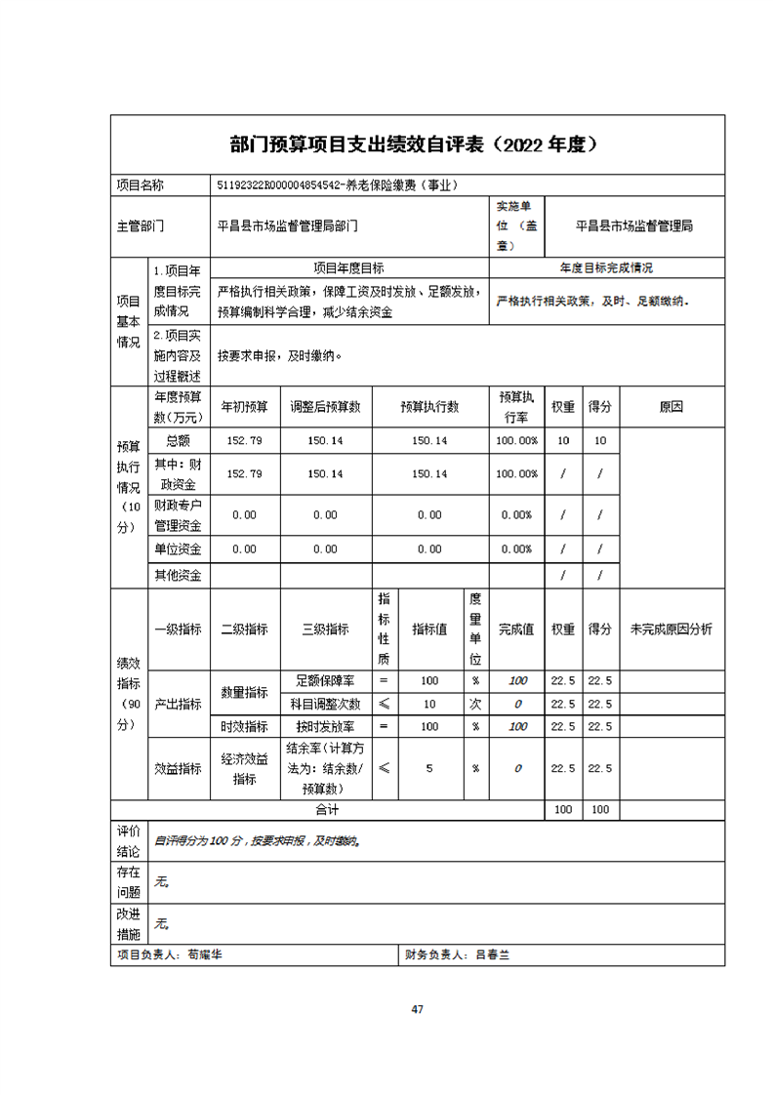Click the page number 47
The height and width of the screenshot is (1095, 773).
[x=417, y=1009]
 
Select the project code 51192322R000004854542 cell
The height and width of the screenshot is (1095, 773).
[x=338, y=185]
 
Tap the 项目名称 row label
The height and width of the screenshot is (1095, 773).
[x=141, y=185]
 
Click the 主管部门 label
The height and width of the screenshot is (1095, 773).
[x=142, y=225]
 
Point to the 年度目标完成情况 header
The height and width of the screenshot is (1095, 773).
[x=606, y=267]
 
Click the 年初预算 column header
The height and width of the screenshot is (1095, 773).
[x=244, y=407]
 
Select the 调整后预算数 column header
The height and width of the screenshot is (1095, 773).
[x=325, y=407]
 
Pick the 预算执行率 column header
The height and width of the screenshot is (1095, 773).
[x=516, y=407]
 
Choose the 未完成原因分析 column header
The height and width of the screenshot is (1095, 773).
[x=671, y=629]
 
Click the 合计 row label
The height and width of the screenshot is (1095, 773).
[x=326, y=810]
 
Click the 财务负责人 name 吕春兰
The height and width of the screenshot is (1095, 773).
[x=492, y=956]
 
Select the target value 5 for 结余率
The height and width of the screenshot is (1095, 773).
[x=429, y=768]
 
